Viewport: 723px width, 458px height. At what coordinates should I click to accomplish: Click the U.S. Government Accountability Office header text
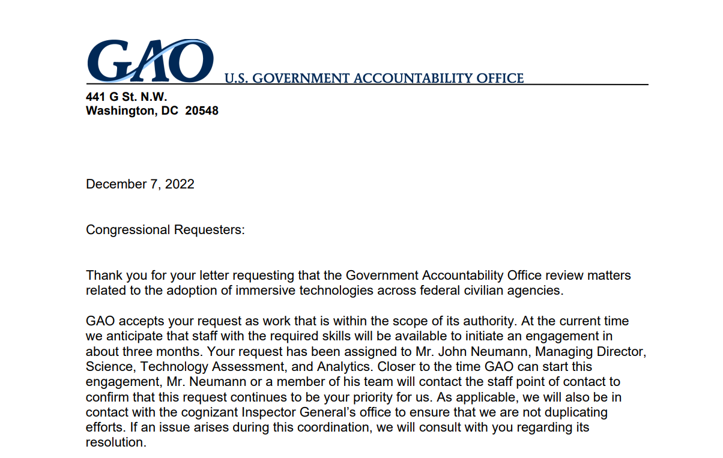(374, 79)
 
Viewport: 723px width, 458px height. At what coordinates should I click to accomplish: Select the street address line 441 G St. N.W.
(126, 97)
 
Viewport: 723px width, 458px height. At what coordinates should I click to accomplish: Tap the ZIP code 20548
(202, 111)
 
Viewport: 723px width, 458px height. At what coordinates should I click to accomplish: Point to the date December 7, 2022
(140, 184)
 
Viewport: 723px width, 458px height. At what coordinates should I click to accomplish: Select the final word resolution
(115, 444)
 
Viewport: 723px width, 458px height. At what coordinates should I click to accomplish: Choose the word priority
(351, 397)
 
